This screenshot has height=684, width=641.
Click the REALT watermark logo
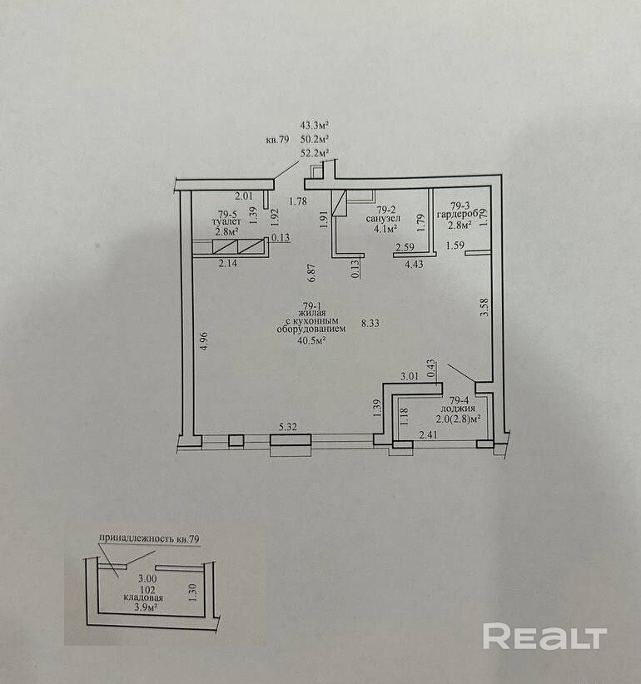point(544,637)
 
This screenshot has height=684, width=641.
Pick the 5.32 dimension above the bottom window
point(288,428)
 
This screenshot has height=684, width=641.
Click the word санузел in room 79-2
point(383,219)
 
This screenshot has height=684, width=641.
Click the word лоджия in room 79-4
point(459,409)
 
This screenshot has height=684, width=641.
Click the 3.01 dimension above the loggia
point(410,377)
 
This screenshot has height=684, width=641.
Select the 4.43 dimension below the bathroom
point(414,265)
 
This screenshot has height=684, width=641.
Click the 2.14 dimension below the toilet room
point(227,264)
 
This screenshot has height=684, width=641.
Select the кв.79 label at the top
point(277,140)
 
